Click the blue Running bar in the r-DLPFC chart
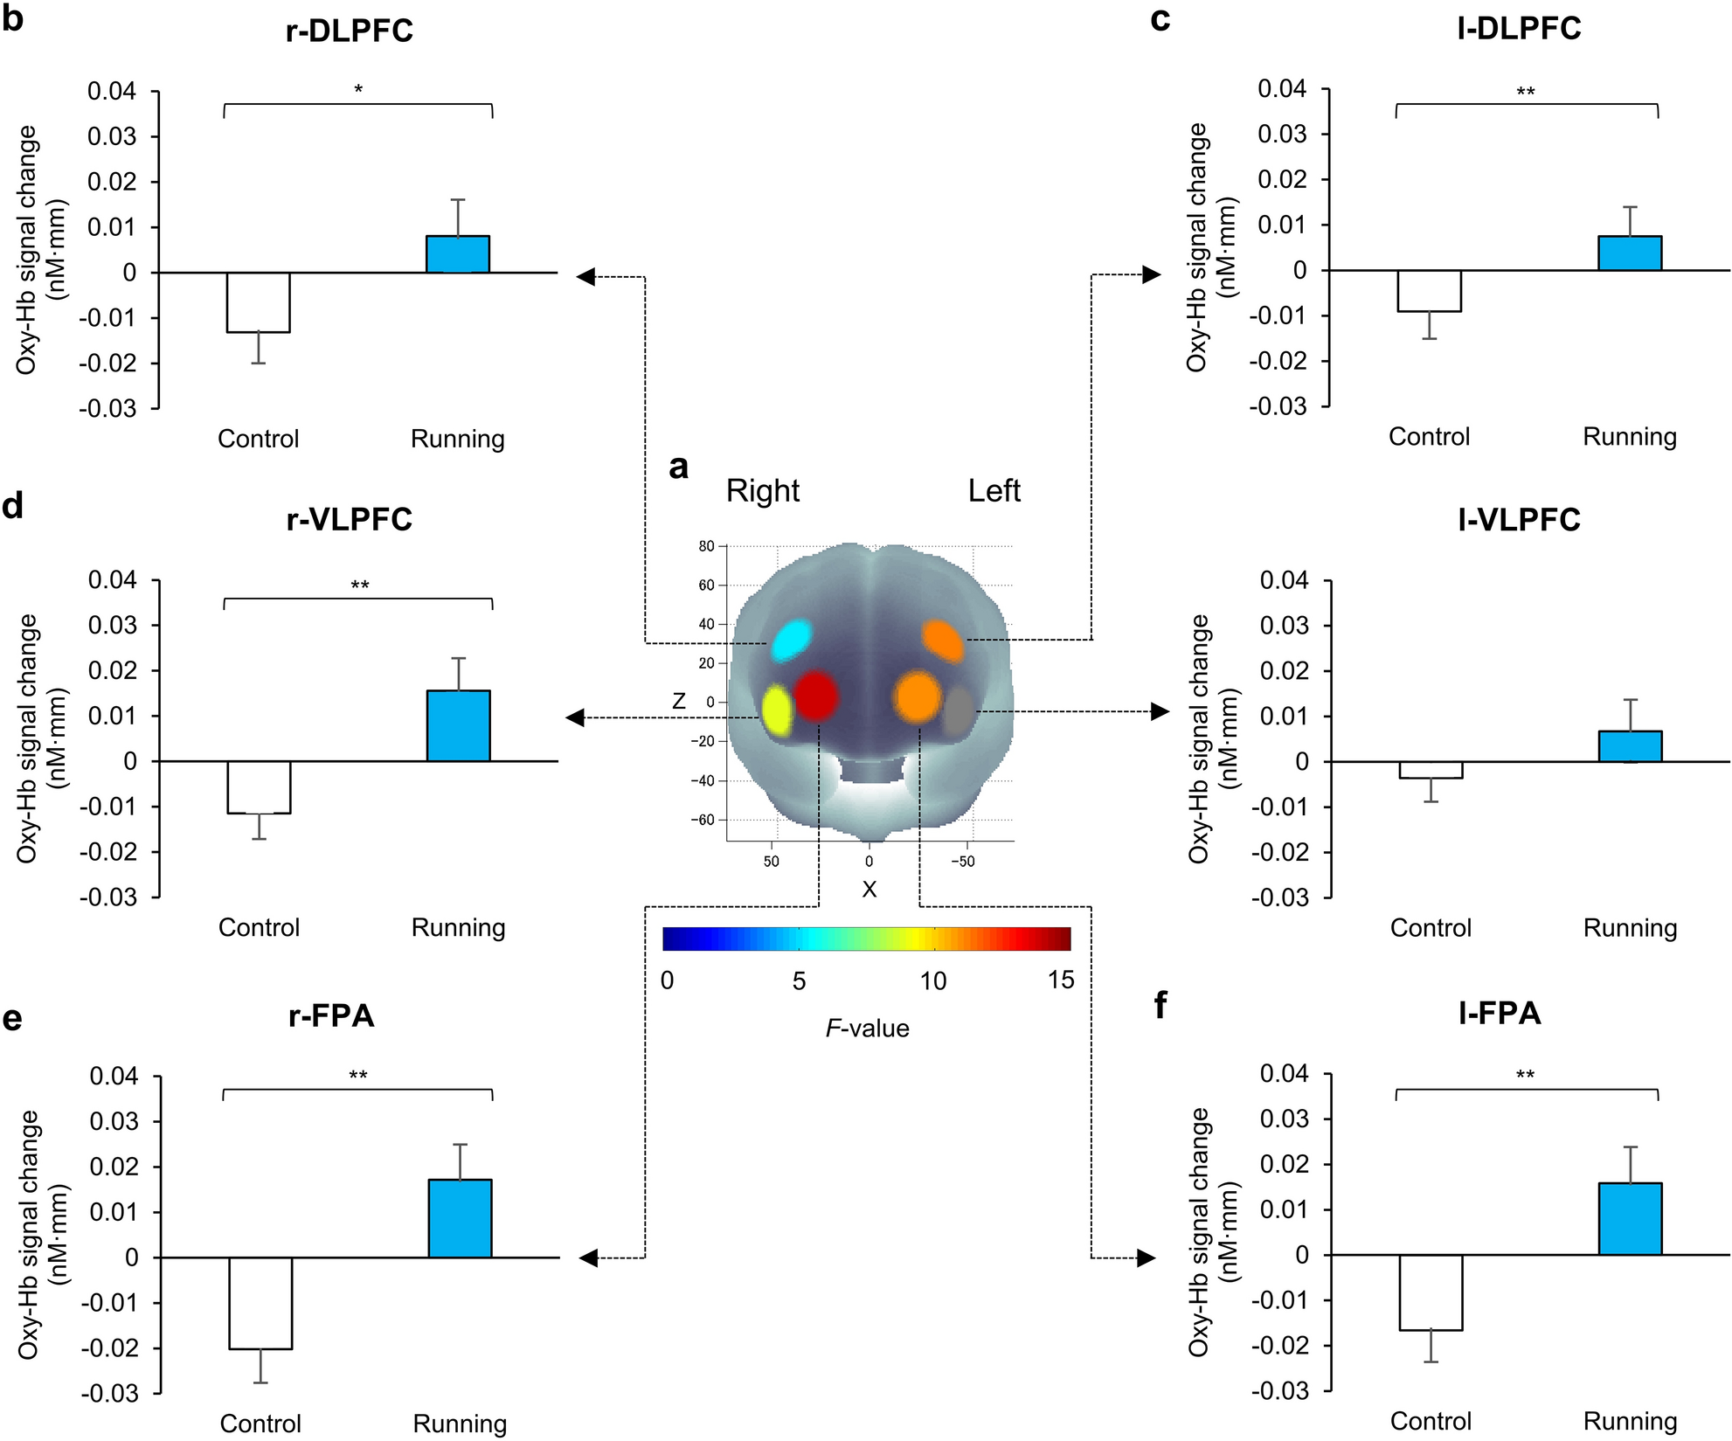[457, 254]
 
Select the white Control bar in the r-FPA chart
[260, 1303]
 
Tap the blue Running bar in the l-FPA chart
[1630, 1219]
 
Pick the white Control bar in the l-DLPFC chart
[1430, 291]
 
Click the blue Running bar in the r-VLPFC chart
[458, 726]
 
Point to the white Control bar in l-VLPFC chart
[1431, 770]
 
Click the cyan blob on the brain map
[792, 641]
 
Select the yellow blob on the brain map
[778, 709]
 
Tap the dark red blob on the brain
[817, 696]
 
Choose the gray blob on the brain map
[959, 710]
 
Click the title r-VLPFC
[349, 520]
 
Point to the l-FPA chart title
[1499, 1013]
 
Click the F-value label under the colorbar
[867, 1029]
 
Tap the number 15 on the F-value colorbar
[1061, 980]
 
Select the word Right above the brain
[762, 491]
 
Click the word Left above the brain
[994, 491]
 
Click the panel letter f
[1160, 1006]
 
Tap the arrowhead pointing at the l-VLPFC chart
[1160, 711]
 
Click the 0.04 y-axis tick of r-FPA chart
[114, 1076]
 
